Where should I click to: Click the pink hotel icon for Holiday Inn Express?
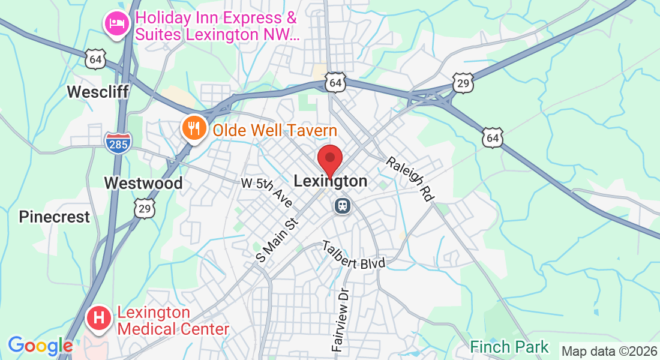(115, 24)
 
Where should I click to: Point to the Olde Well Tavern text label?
(274, 130)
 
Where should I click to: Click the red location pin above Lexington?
(329, 160)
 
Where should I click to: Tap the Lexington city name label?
(331, 181)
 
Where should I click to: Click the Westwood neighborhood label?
(143, 183)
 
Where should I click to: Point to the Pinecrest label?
(54, 217)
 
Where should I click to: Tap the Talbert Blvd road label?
(353, 254)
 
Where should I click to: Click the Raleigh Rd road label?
(409, 178)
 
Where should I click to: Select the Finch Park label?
(509, 347)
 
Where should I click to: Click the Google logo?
(40, 346)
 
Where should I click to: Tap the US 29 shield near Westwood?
(145, 208)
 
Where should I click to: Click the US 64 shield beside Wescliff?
(97, 59)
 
